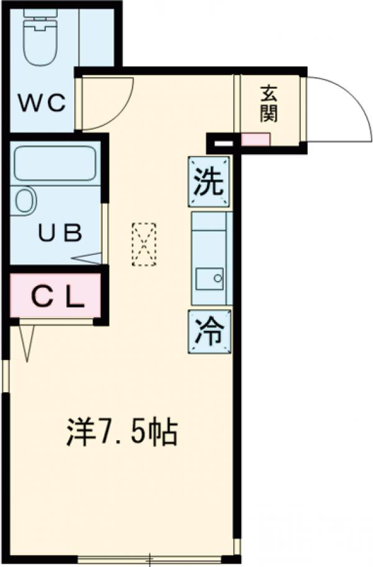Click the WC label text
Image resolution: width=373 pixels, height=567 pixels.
click(43, 103)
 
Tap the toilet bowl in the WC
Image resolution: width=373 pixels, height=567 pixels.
click(40, 42)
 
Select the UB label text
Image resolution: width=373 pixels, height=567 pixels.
click(61, 233)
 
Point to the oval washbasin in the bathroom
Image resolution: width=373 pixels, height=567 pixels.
click(26, 201)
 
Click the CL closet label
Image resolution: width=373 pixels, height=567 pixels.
click(58, 297)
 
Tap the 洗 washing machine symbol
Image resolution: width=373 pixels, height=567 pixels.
click(208, 182)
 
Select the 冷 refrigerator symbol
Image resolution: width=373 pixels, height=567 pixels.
click(209, 331)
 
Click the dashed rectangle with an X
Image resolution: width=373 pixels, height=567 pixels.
click(144, 244)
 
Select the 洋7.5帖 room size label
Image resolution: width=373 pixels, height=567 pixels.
click(122, 431)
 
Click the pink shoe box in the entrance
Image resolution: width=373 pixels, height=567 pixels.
click(256, 140)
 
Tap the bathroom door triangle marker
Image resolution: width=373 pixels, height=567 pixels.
click(87, 259)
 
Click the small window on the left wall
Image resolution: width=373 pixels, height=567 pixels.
click(6, 376)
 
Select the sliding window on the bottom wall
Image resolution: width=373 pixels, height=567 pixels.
click(150, 559)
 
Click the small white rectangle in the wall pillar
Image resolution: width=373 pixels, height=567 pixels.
click(224, 144)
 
